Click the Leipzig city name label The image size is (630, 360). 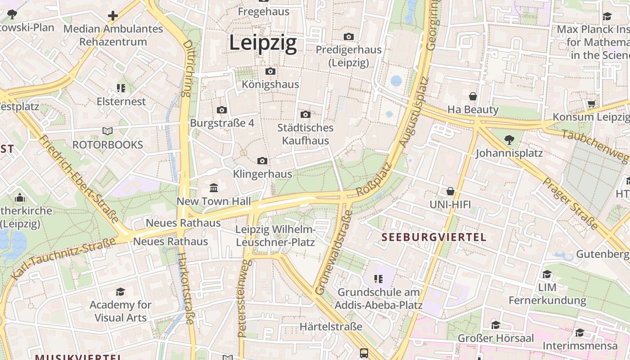pos(263,43)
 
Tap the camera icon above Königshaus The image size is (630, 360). pos(270,72)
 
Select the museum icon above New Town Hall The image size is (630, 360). pos(214,188)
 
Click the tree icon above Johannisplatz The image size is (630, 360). pos(509,140)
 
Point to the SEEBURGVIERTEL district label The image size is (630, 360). pos(434,237)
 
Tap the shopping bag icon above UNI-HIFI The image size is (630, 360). pos(450,192)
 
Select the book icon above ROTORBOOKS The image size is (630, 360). pos(108,131)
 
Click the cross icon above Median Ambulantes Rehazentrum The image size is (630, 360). pos(112,16)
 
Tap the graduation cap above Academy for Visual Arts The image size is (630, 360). pos(120,292)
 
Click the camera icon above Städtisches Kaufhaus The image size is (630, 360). pos(306,115)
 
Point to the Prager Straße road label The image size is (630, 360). pos(570,203)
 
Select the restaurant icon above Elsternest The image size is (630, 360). pos(121,88)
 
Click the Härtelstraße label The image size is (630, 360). pos(331,327)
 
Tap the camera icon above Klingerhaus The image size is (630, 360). pos(262,161)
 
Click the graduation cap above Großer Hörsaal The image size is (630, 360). pos(495,325)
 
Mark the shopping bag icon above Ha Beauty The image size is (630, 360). pos(473,96)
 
